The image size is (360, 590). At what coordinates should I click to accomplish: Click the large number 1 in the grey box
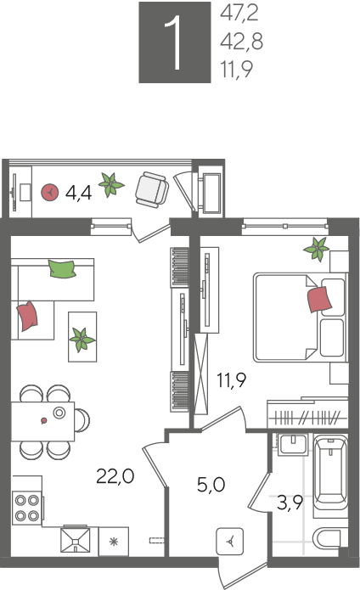[175, 43]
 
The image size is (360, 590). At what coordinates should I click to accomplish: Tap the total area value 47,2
[239, 14]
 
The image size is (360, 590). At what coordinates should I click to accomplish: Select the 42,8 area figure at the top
[241, 41]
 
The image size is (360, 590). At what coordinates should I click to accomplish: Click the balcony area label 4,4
[78, 193]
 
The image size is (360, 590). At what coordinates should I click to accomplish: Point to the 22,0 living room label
[115, 476]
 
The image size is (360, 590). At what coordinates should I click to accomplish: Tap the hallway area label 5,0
[211, 485]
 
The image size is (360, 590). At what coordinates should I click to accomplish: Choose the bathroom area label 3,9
[290, 503]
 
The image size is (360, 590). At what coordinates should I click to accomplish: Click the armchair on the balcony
[152, 189]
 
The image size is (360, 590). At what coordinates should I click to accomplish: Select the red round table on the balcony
[49, 192]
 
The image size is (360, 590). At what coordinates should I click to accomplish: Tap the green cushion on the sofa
[62, 268]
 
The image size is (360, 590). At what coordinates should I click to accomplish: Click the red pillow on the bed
[319, 300]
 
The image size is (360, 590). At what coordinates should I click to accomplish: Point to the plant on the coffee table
[82, 340]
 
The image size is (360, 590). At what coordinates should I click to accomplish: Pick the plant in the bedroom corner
[317, 249]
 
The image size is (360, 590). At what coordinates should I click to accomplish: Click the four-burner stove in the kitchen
[27, 507]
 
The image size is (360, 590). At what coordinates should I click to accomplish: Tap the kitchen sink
[76, 540]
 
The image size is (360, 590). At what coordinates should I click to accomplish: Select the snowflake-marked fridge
[114, 541]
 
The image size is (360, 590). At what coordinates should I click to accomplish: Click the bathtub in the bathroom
[330, 473]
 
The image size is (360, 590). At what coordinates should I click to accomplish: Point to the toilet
[330, 539]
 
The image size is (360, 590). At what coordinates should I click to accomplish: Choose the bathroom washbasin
[294, 445]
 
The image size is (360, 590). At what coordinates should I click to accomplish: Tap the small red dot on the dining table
[43, 420]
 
